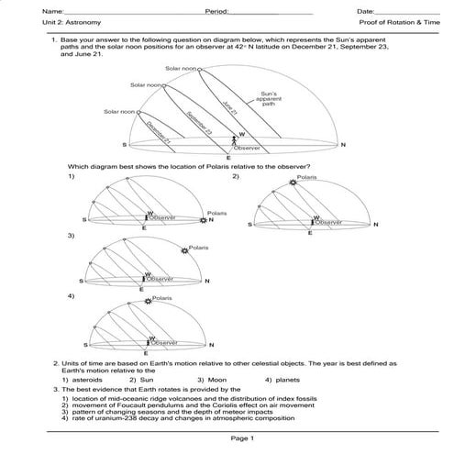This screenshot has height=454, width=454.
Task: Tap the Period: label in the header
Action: [x=221, y=9]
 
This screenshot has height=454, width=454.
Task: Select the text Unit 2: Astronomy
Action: [x=53, y=21]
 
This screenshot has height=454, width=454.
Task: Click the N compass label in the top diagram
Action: [x=342, y=145]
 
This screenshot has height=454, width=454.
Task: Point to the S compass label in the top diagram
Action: [x=125, y=145]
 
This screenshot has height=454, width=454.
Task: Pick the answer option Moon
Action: [x=213, y=380]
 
